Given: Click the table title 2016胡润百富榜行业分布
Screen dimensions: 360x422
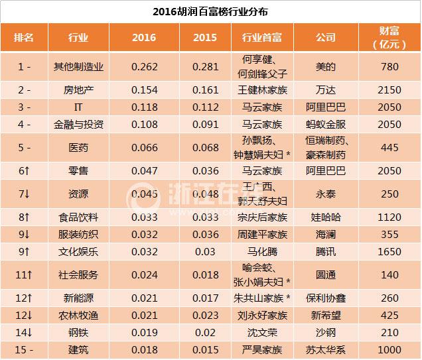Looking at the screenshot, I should click(x=210, y=12).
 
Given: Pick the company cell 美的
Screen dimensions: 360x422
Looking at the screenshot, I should click(x=326, y=66).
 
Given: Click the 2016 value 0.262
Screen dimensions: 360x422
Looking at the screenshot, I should click(x=144, y=66).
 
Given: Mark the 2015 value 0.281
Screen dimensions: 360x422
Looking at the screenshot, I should click(x=204, y=66).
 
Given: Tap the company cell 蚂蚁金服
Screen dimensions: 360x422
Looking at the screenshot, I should click(x=326, y=123).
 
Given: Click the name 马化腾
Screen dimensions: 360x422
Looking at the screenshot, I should click(x=260, y=252).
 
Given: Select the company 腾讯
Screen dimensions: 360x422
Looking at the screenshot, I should click(x=326, y=252).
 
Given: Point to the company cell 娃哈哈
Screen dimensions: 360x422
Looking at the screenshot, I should click(x=326, y=217).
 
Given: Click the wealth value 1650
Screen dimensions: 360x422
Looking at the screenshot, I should click(x=390, y=252).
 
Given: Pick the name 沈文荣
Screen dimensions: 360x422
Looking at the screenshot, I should click(x=260, y=332).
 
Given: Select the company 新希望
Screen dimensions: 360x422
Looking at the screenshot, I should click(x=326, y=316).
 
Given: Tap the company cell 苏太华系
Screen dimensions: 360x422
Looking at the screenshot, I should click(x=326, y=349).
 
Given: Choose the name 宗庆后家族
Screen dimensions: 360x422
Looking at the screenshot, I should click(x=260, y=217).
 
